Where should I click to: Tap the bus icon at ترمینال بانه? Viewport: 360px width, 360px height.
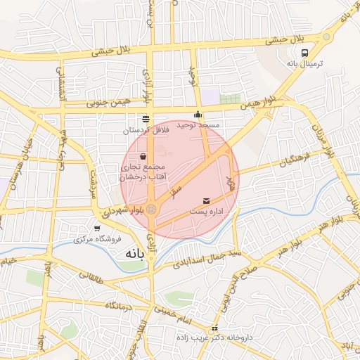[x=304, y=53]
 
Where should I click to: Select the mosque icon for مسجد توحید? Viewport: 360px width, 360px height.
[x=198, y=115]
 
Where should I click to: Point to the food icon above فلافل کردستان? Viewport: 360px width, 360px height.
[x=146, y=119]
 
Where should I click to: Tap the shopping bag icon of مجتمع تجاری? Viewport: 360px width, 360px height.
[x=144, y=156]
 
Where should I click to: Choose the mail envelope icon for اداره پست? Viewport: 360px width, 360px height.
[x=206, y=201]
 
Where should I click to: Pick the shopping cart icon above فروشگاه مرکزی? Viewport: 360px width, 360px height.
[x=96, y=228]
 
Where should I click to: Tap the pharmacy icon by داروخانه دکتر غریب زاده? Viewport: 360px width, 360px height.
[x=215, y=328]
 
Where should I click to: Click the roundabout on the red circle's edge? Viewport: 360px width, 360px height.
[x=152, y=208]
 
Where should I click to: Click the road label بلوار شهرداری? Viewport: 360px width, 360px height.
[x=124, y=210]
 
